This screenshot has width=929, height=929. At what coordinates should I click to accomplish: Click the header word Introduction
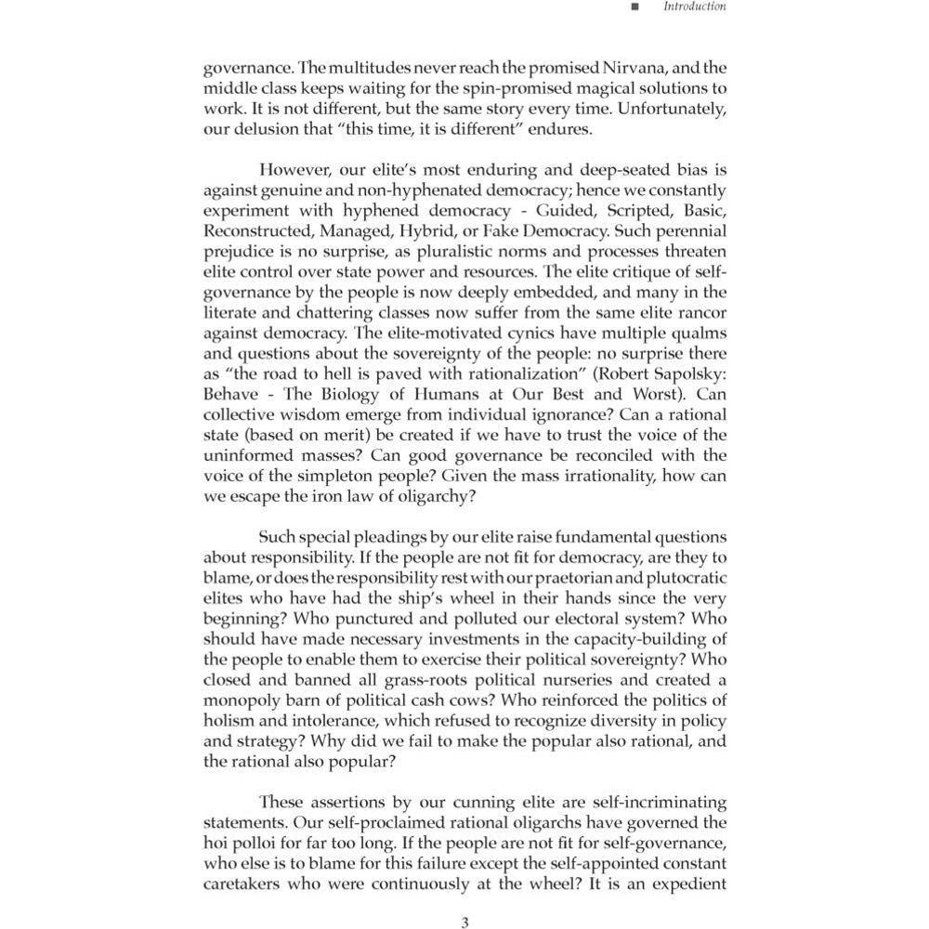(694, 7)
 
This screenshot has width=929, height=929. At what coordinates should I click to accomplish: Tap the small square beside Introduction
(635, 7)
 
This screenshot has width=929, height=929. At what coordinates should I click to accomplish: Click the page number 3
(464, 922)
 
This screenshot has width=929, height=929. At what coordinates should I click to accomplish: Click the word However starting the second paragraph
(294, 170)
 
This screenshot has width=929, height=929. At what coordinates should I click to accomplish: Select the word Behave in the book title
(230, 394)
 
